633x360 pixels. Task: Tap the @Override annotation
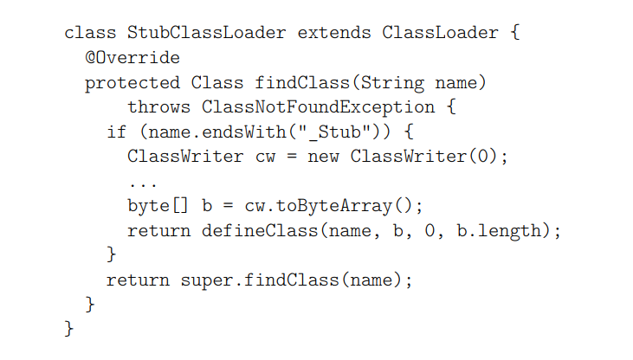point(132,59)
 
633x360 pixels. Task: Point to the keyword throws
point(158,108)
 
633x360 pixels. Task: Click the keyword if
point(116,133)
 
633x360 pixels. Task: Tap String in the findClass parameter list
point(391,84)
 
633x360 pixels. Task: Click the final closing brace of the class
point(69,330)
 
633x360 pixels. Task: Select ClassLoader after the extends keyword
point(439,34)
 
